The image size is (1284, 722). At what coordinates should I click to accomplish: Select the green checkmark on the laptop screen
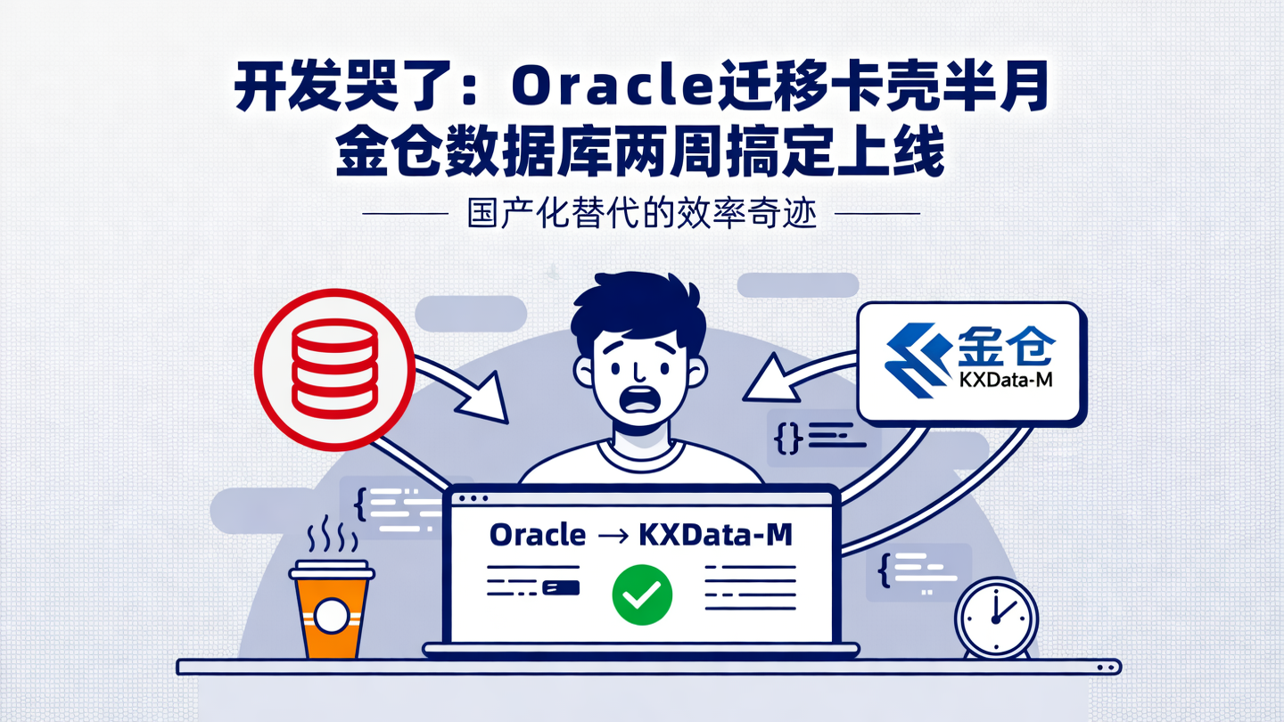(642, 595)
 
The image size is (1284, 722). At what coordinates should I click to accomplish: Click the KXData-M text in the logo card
(1007, 382)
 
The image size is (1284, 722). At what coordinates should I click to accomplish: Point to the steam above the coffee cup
(331, 535)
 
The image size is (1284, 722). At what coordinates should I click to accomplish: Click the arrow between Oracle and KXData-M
(613, 536)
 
